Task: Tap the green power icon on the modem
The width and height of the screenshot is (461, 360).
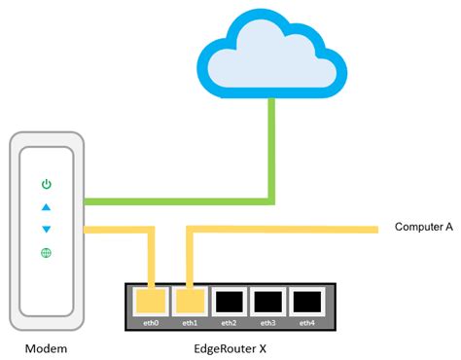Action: (x=45, y=184)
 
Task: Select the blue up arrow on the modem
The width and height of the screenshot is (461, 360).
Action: (x=45, y=206)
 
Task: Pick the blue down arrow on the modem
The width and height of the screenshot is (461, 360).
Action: (x=45, y=230)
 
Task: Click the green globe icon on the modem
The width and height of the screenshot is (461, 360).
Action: (x=45, y=253)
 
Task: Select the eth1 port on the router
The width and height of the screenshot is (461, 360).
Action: (x=189, y=301)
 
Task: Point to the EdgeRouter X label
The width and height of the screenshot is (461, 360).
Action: (x=230, y=347)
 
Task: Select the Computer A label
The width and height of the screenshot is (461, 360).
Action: (x=423, y=227)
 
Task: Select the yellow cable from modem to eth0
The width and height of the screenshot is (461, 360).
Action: (x=117, y=230)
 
